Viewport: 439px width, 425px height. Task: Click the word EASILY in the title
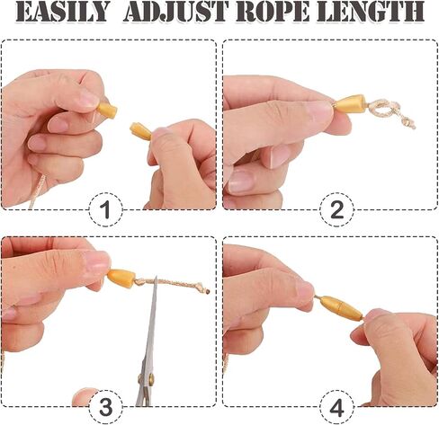coord(61,12)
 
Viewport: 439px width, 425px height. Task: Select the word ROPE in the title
coord(273,12)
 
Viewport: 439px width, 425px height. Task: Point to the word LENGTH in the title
coord(371,12)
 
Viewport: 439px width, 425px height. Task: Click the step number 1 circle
coord(106,209)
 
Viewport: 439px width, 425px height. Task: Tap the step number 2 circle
coord(336,209)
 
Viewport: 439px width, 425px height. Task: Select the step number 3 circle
coord(106,407)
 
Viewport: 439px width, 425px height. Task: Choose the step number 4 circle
coord(336,407)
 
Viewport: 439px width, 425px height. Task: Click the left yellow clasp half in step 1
coord(108,110)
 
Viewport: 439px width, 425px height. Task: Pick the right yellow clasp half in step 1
coord(141,131)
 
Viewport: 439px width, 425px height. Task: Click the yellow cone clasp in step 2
coord(350,104)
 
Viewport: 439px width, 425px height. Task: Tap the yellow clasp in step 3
coord(121,277)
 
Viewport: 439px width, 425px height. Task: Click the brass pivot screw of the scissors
coord(147,378)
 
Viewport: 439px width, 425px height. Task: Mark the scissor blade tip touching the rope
coord(156,277)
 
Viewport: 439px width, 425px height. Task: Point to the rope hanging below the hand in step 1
coord(37,192)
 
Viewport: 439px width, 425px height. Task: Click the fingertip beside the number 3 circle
coord(83,397)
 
